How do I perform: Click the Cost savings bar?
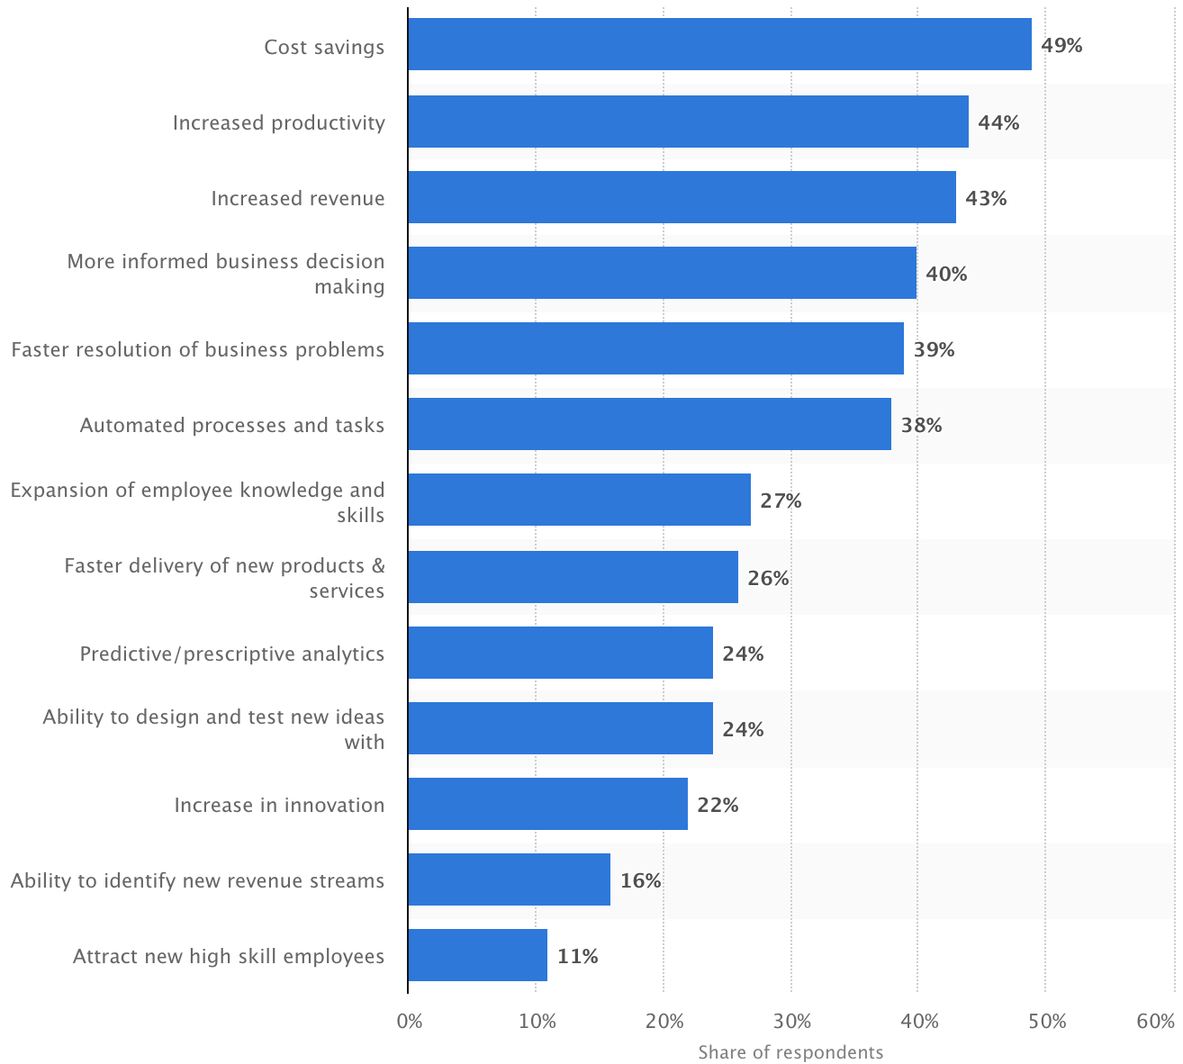(719, 44)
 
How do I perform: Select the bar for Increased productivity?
(688, 122)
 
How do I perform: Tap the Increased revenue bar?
(682, 197)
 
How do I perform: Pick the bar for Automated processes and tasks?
(649, 424)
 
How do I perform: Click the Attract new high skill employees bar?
(477, 955)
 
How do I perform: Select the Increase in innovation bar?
(547, 804)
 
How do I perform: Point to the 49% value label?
(1061, 45)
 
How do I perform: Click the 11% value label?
(577, 956)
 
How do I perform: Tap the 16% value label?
(640, 880)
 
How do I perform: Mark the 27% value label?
(781, 500)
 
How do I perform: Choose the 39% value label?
(934, 349)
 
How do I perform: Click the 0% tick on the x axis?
(409, 1022)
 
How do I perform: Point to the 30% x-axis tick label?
(792, 1022)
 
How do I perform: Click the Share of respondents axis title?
(790, 1052)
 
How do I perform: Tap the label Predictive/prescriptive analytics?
(232, 654)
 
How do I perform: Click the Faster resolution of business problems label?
(198, 349)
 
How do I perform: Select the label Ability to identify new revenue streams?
(198, 880)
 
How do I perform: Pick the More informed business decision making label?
(226, 274)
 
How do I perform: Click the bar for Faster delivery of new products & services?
(573, 577)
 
